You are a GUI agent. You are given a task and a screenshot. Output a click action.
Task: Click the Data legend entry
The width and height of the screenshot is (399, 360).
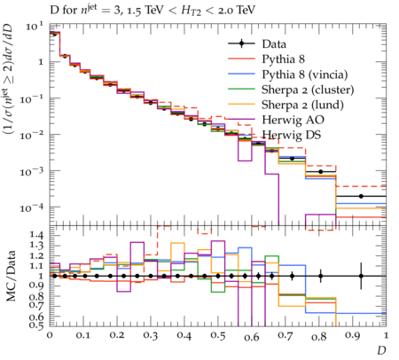click(x=274, y=44)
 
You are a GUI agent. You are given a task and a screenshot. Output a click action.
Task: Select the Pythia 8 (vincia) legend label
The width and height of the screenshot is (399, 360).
click(x=305, y=74)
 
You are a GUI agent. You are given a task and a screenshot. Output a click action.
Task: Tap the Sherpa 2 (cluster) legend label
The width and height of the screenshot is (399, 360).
click(x=308, y=90)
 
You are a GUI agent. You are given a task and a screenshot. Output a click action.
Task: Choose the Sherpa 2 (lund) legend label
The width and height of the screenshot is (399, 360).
click(x=302, y=105)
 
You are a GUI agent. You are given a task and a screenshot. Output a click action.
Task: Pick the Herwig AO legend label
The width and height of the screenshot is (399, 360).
click(x=293, y=120)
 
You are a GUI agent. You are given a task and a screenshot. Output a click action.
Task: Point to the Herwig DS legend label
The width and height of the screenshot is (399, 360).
click(x=292, y=135)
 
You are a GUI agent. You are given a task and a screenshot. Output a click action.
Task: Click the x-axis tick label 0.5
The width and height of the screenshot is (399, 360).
click(x=218, y=336)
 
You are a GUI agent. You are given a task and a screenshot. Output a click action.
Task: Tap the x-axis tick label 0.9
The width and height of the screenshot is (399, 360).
click(x=353, y=336)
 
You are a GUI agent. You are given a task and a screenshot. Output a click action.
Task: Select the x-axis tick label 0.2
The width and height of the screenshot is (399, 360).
click(x=117, y=336)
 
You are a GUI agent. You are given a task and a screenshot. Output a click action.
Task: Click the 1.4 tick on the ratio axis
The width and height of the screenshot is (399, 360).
click(x=37, y=236)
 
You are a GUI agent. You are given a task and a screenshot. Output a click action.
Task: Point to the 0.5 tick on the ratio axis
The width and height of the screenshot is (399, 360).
click(x=37, y=325)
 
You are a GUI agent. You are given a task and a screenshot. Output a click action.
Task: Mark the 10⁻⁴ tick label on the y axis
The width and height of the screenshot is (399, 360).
click(x=32, y=207)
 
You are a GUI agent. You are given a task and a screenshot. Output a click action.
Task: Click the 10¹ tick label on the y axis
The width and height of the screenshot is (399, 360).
click(x=35, y=26)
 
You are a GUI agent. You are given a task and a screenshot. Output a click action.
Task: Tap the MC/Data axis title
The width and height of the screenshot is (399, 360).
click(x=11, y=276)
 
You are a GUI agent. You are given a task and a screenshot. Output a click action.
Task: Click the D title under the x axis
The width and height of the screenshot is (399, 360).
click(x=381, y=350)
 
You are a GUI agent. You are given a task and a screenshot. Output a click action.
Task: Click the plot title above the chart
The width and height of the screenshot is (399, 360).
click(x=153, y=11)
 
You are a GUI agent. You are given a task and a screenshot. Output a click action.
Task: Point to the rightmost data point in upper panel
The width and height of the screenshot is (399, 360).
click(x=361, y=196)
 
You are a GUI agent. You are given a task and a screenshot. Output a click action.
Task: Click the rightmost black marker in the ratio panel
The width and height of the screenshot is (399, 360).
click(x=361, y=276)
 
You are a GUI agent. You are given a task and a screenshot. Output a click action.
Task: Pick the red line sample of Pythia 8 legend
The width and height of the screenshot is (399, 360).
click(x=241, y=59)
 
